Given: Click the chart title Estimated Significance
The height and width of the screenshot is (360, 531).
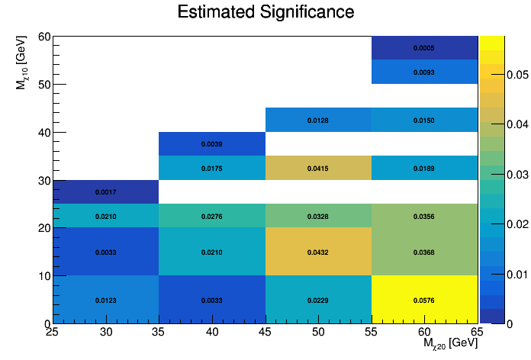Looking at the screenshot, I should [x=265, y=12].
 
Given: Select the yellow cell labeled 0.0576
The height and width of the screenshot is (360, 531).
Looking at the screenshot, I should [x=424, y=300].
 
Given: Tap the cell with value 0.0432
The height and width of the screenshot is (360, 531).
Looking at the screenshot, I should [x=318, y=252].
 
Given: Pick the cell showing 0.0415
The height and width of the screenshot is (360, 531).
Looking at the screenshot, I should [x=318, y=168].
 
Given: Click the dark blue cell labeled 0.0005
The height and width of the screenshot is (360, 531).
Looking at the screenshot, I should [x=424, y=48].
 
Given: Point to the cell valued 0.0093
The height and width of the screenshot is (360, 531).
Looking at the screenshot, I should [x=424, y=72].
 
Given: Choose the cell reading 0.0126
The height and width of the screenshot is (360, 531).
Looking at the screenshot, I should [x=318, y=120].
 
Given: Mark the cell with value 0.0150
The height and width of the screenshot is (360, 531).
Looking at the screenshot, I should [x=424, y=120].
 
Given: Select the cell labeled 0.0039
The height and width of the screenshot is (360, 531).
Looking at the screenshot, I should [x=212, y=144].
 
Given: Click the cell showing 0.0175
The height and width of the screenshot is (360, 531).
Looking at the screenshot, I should [x=212, y=168].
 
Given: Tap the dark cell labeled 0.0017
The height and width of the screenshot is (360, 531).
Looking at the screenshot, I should [x=105, y=192].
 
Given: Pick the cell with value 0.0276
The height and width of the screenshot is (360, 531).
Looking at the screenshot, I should [x=212, y=217].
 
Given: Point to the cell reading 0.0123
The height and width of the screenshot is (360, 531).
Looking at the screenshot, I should [x=105, y=300].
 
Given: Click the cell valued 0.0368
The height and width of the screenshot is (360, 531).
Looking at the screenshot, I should [x=424, y=252].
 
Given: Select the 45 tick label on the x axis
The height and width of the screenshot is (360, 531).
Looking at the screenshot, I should [x=265, y=332].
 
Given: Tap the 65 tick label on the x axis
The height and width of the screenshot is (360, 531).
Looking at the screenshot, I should [x=477, y=332].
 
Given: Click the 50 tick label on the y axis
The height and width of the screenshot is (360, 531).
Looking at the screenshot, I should [x=44, y=85].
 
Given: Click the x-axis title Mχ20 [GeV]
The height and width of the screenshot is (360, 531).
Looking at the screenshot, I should [x=450, y=345].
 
